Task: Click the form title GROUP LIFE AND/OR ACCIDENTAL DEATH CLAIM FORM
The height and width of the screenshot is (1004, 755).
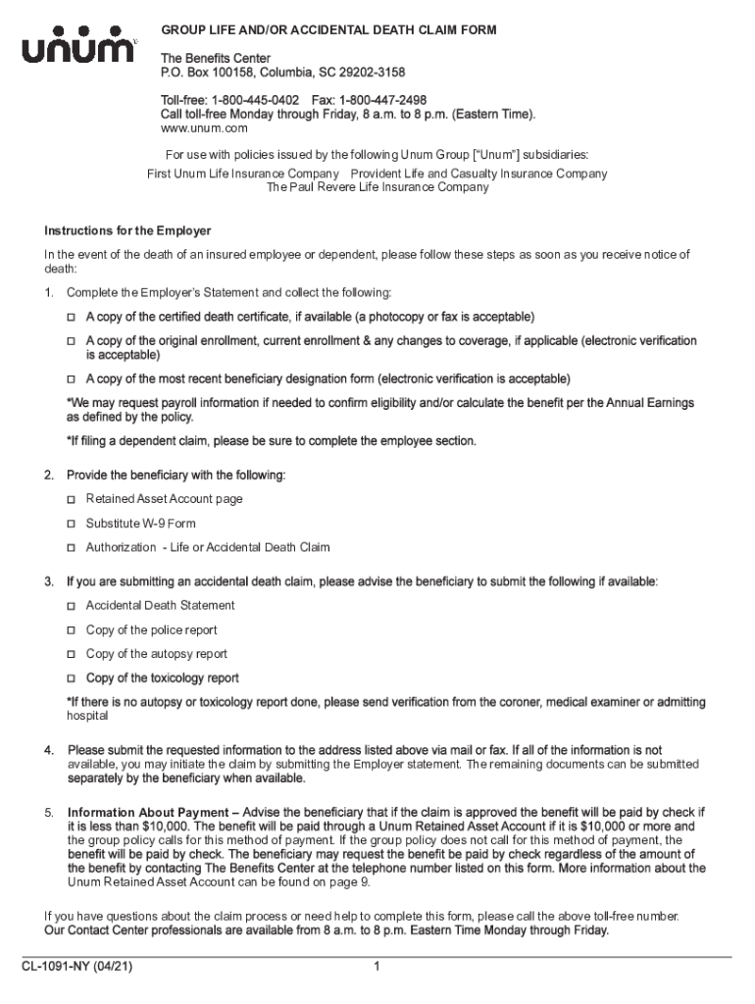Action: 329,30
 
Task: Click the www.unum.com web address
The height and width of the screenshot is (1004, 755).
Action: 204,128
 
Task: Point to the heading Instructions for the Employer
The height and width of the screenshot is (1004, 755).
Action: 127,231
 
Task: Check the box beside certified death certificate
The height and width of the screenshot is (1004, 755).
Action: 72,318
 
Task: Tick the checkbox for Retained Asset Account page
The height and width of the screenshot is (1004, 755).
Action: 72,499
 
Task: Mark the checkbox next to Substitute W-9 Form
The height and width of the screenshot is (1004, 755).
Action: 72,524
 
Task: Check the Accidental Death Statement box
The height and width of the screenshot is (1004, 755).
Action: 72,606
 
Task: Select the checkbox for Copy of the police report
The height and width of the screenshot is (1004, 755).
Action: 72,630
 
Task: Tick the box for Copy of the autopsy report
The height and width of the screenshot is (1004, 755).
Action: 72,654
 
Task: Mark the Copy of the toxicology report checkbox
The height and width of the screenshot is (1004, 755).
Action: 72,678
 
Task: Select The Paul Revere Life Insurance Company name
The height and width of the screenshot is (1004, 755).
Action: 377,187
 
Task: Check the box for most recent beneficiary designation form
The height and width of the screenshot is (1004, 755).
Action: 72,378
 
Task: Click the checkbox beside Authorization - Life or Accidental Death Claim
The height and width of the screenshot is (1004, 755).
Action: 72,547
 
